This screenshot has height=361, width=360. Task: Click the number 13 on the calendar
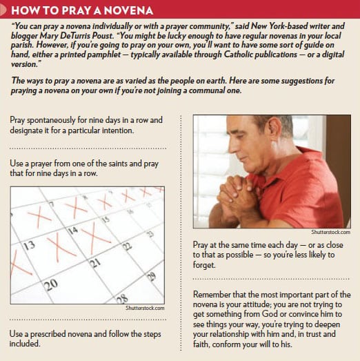[x=29, y=244]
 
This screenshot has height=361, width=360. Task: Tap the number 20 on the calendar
[x=50, y=284]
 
